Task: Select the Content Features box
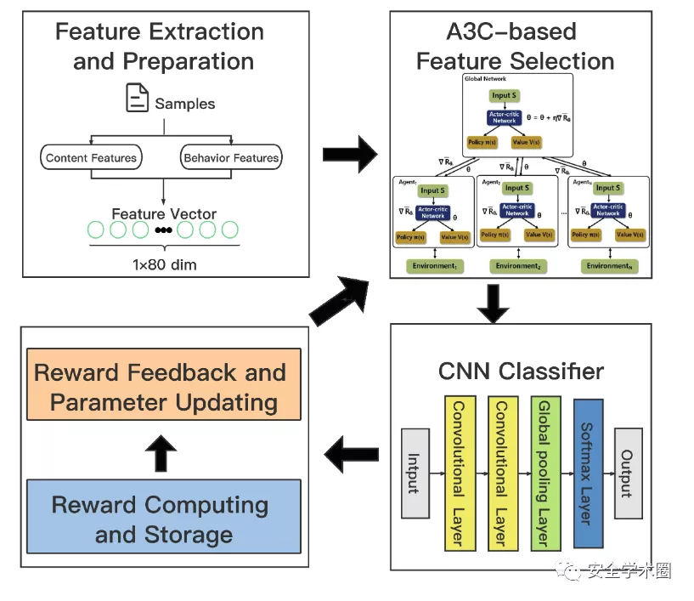[x=91, y=157]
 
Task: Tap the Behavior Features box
[x=231, y=157]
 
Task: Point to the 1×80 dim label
[x=164, y=264]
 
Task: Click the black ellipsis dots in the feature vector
[x=164, y=230]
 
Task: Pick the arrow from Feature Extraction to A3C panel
[x=350, y=155]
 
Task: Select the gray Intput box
[x=414, y=473]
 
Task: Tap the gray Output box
[x=629, y=473]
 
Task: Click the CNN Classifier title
[x=521, y=371]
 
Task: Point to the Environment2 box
[x=518, y=266]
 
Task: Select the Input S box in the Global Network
[x=503, y=95]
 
